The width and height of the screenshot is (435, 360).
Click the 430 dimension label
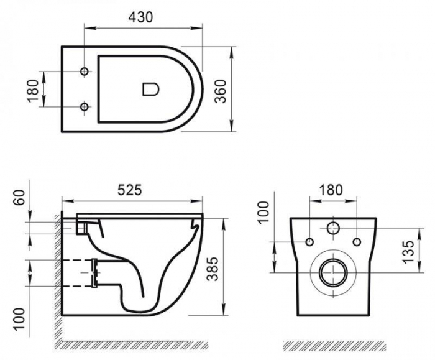point(140,17)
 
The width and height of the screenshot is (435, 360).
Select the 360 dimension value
point(221,91)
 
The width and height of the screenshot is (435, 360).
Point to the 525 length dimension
point(129,190)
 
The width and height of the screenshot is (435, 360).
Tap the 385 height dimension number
point(213,269)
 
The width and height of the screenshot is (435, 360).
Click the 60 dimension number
point(19,198)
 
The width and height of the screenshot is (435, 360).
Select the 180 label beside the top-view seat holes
point(33,91)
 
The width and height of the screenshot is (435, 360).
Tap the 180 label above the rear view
point(331,190)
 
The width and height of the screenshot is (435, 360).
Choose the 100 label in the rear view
point(263,212)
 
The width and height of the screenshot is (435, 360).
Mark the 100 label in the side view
point(19,318)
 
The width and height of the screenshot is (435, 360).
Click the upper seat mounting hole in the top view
point(85,72)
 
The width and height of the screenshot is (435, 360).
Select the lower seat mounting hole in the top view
point(85,106)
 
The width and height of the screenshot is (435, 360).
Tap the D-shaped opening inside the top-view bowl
point(151,89)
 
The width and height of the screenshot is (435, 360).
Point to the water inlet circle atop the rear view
point(333,228)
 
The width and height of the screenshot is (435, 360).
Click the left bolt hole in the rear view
point(310,242)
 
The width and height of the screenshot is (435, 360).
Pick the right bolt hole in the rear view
point(357,242)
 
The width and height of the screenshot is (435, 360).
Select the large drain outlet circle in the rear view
point(333,272)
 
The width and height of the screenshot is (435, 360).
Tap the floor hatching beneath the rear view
point(334,345)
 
